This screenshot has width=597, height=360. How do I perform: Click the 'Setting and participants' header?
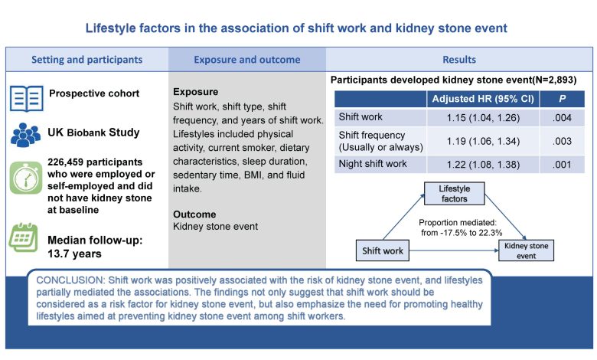(x=86, y=59)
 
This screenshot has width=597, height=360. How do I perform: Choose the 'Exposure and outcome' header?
(x=246, y=59)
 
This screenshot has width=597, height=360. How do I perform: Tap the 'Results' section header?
(x=459, y=59)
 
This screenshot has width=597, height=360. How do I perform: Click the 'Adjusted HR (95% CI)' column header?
(x=481, y=100)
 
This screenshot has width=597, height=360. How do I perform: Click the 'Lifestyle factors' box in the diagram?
(x=454, y=194)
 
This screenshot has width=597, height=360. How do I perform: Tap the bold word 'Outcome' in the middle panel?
(x=194, y=214)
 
